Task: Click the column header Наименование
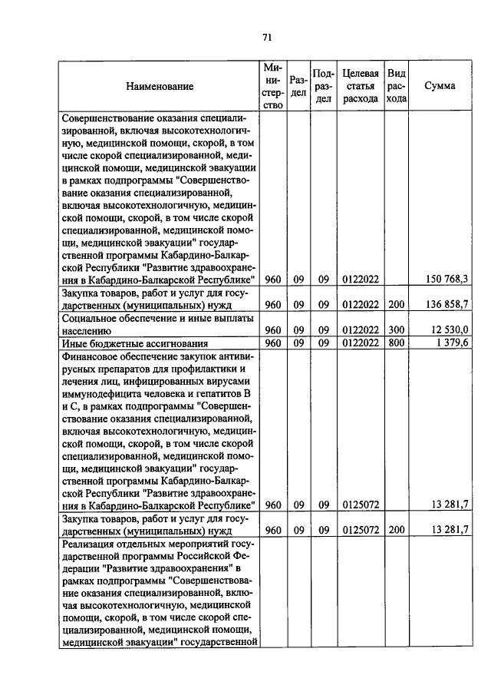tap(160, 87)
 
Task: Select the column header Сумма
tap(440, 86)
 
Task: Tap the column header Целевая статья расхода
tap(360, 86)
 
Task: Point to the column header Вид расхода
tap(396, 86)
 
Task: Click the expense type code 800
tap(396, 343)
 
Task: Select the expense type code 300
tap(396, 329)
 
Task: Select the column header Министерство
tap(272, 86)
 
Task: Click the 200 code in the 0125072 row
tap(396, 531)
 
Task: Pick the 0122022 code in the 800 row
tap(360, 343)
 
